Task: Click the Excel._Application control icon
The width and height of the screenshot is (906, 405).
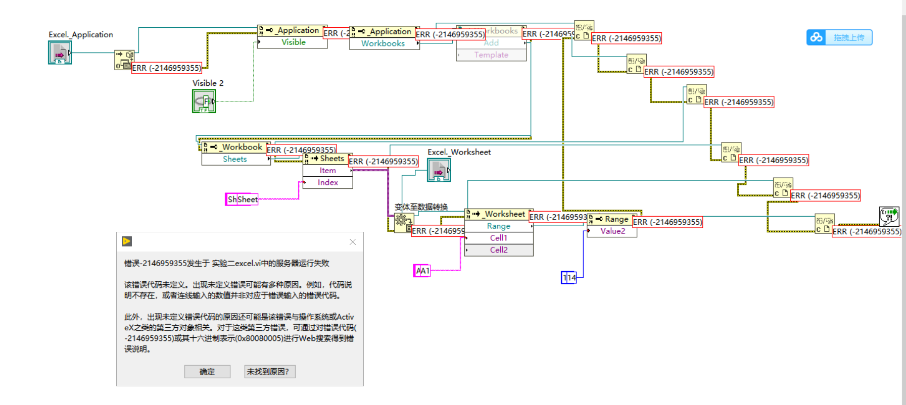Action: (60, 53)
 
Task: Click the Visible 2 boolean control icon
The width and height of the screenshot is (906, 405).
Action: (204, 101)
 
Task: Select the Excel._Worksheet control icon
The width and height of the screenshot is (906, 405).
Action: (439, 170)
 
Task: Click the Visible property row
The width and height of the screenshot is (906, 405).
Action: (293, 42)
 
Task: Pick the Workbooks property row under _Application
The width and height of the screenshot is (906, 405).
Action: (383, 43)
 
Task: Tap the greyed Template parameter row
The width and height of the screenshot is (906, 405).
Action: (491, 55)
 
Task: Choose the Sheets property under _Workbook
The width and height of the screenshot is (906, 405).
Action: (235, 159)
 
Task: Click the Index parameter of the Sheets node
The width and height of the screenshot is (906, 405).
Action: (327, 183)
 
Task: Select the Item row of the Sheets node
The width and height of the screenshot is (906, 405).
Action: (327, 171)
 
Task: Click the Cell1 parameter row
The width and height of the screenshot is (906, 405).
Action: (498, 238)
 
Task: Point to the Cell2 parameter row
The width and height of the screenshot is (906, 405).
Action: (498, 250)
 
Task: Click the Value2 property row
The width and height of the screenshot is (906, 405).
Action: (612, 231)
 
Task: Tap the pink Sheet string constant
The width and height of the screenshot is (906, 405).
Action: (242, 199)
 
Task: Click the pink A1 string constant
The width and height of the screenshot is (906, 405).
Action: (422, 271)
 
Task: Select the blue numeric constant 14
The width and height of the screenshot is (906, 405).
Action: (569, 278)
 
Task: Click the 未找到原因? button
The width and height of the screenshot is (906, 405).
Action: (269, 372)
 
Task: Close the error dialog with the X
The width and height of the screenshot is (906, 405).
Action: (353, 242)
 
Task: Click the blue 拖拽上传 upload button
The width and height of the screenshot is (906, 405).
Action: (839, 37)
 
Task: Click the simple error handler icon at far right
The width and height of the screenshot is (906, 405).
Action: (889, 216)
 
